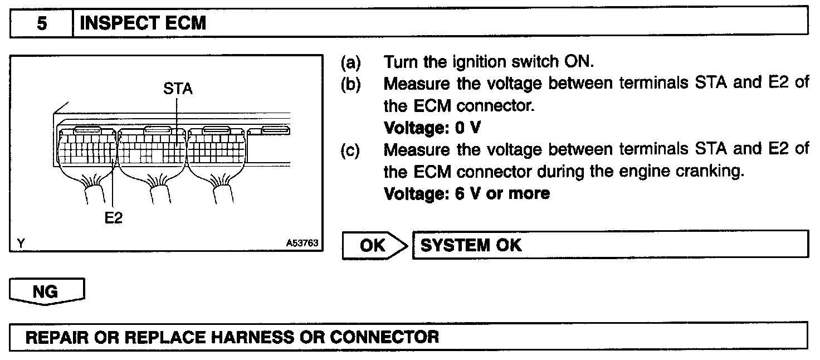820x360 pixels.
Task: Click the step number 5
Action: coord(42,23)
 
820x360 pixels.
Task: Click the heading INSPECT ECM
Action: coord(143,23)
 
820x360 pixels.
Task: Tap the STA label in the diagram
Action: coord(178,89)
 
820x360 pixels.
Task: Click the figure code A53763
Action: coord(301,244)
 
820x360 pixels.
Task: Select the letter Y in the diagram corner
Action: coord(21,244)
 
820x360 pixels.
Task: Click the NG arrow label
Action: coord(47,291)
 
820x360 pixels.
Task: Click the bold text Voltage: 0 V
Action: coord(432,128)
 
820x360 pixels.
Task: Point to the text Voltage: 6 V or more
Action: coord(467,193)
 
